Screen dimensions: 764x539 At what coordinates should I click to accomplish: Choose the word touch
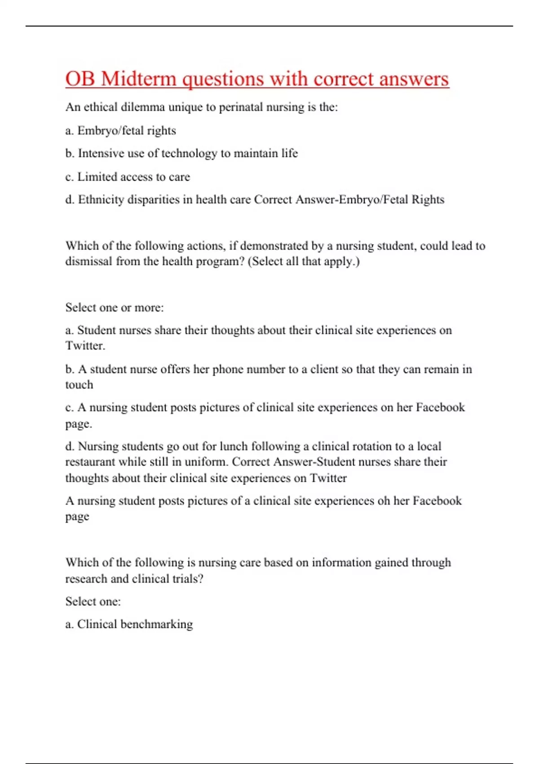tap(79, 385)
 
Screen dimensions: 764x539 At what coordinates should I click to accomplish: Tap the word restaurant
tap(90, 462)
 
